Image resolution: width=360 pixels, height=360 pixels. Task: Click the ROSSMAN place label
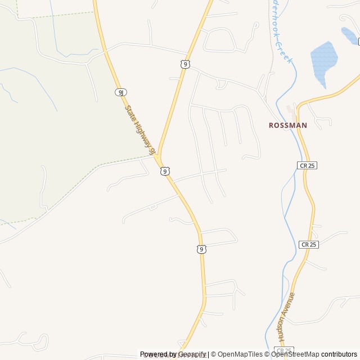coord(288,125)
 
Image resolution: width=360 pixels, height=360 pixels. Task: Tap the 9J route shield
coord(120,92)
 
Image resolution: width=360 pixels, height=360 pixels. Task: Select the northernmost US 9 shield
coord(185,65)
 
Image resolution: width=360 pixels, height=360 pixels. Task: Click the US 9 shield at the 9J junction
coord(164,171)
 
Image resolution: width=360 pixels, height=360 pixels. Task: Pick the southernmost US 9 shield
coord(201,249)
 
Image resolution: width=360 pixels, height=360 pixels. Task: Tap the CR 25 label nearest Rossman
coord(307,165)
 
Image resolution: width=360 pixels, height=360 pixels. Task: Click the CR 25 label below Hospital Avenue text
coord(283,350)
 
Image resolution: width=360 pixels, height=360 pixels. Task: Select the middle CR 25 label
coord(309,244)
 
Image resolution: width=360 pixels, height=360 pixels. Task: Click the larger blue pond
coord(323,59)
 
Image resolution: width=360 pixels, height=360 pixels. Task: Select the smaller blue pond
coord(349,35)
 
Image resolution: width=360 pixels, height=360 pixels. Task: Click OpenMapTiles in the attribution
coord(240,354)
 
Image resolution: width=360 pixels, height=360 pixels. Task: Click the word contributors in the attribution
coord(339,354)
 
